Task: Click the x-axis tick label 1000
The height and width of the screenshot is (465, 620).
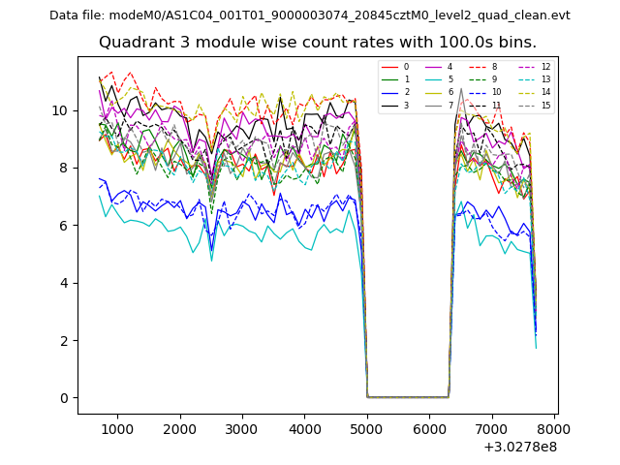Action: pos(117,429)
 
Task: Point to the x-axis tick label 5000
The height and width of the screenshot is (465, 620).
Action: pos(367,429)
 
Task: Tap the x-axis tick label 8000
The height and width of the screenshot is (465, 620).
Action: pos(554,429)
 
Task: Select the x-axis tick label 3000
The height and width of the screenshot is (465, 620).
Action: pos(242,429)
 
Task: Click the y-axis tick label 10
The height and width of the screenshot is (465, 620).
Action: pos(61,110)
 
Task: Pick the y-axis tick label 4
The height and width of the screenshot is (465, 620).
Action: pos(65,283)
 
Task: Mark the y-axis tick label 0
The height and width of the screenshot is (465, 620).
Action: pos(65,398)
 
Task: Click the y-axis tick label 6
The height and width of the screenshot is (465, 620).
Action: pos(65,226)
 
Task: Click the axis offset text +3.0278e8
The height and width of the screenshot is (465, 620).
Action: pos(519,447)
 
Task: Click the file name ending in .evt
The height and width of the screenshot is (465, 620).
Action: pos(340,15)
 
